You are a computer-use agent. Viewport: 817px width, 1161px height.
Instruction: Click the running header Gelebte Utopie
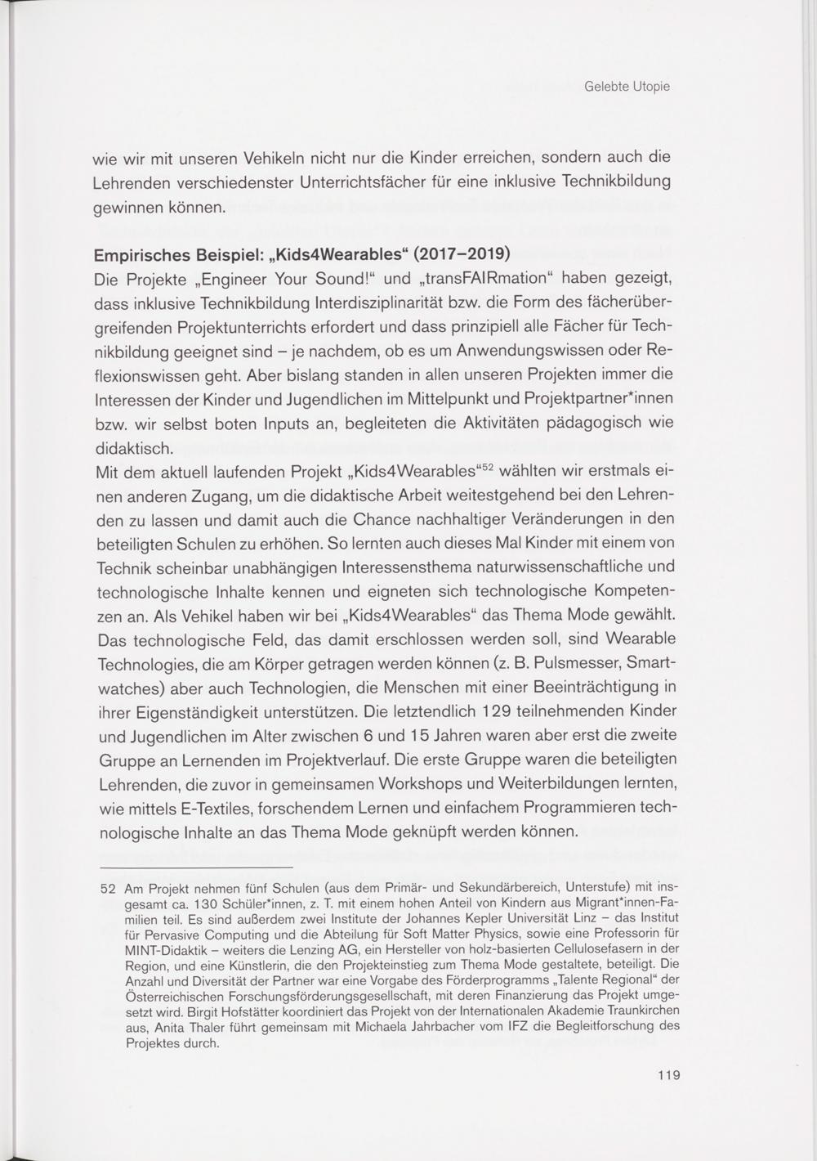(x=627, y=86)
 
